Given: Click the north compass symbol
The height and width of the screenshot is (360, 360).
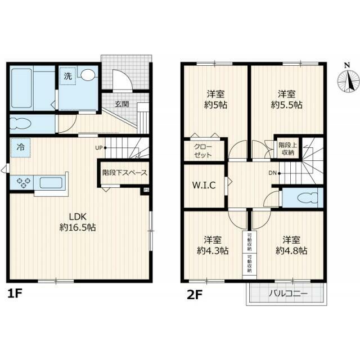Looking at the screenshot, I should (x=349, y=80).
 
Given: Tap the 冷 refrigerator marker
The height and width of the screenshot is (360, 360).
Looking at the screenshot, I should (x=20, y=148).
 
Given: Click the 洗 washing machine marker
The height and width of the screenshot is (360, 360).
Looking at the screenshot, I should (x=67, y=75).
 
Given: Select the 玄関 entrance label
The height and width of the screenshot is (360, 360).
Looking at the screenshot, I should (x=121, y=104).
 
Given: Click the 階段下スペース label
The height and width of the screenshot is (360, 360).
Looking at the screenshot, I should (x=124, y=173).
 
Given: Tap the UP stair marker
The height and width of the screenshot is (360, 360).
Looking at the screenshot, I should (x=99, y=148).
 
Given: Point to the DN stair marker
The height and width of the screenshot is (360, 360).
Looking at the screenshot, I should (x=273, y=173).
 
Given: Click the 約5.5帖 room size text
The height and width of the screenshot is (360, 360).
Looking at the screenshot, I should (x=286, y=105).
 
